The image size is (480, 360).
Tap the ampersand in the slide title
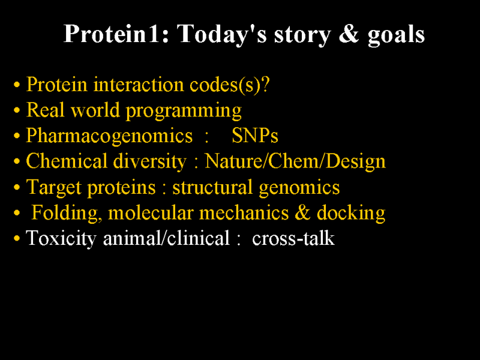pos(349,34)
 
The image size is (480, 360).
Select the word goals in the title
pos(396,35)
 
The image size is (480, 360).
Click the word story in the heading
pos(302,35)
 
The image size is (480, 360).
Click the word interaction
pos(139,84)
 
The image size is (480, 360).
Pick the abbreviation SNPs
pos(255,136)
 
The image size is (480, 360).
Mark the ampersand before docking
pos(302,213)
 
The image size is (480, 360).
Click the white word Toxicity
pos(61,239)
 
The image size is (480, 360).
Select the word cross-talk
pos(293,238)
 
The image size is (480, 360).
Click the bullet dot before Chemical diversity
pos(17,161)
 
